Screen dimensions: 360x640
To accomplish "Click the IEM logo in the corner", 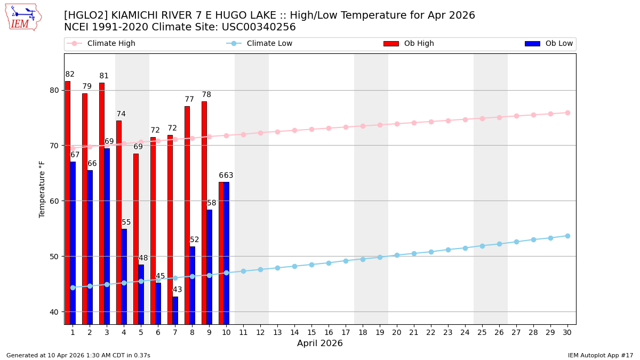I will point(23,17).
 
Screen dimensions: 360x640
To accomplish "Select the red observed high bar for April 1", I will point(68,203).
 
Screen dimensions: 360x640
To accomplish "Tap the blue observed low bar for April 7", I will point(175,310).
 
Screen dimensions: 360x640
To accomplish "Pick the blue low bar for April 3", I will point(107,236).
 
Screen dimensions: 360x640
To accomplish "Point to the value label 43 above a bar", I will point(177,290).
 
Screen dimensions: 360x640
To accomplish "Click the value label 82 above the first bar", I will point(70,74).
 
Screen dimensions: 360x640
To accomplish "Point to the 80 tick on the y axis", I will point(54,90).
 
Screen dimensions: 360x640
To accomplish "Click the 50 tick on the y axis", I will point(54,257).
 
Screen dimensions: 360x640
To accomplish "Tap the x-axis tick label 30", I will point(567,332).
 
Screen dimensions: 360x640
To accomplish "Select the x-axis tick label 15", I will point(311,332).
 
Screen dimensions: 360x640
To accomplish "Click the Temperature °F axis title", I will point(42,189).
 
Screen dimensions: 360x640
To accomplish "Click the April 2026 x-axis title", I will point(320,343).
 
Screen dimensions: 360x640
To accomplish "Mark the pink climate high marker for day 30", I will point(567,113).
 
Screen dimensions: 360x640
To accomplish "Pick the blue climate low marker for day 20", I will point(397,255).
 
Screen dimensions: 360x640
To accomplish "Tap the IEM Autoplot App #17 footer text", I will point(601,355).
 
